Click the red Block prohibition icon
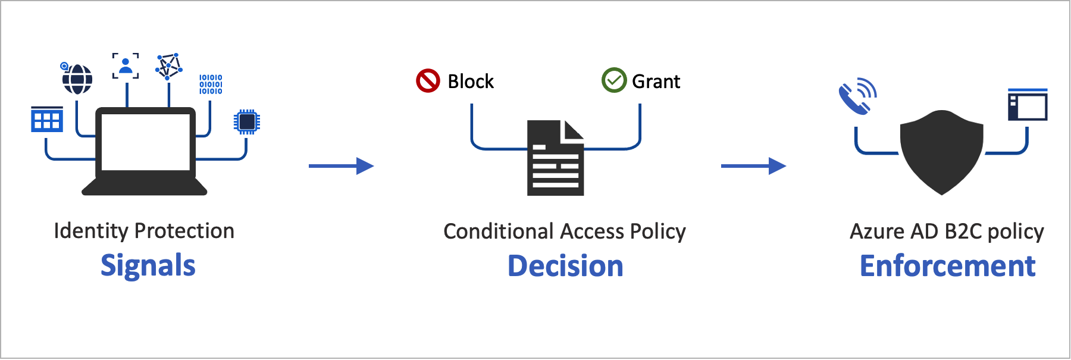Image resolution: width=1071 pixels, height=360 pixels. pos(428,81)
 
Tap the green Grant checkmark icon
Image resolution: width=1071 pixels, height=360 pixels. pos(614,80)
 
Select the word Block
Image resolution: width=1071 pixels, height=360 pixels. pos(471,82)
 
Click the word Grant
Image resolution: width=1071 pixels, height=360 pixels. pos(656,82)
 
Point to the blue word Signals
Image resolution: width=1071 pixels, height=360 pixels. pos(148,265)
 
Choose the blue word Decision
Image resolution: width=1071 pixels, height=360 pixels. pos(565,266)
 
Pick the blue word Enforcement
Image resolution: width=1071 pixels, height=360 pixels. pos(947,266)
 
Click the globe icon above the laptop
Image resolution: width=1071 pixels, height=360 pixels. pos(77,79)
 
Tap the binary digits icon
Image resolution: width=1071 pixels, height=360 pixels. pos(211,84)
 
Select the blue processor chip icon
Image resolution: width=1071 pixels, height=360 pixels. pos(247,122)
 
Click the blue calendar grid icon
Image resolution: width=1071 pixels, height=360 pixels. pos(47,120)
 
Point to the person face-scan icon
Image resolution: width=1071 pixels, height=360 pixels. pos(126,66)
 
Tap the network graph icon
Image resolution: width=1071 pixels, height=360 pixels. pos(168,67)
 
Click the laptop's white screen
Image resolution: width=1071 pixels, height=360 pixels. pos(146,142)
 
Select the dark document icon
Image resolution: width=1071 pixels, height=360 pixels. pos(555,158)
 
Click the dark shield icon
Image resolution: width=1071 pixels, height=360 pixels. pos(941,152)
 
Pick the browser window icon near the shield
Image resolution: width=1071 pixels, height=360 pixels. pos(1028,105)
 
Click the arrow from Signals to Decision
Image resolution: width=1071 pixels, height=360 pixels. pos(341,166)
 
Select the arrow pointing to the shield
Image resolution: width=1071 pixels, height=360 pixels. pos(753,166)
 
